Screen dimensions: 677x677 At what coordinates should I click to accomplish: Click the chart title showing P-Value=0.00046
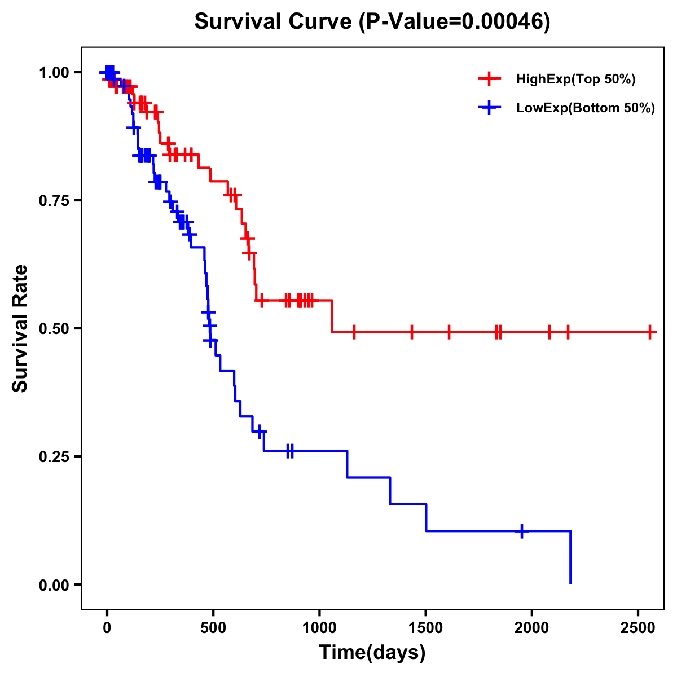[372, 21]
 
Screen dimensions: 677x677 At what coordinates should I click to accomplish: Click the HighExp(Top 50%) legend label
[576, 80]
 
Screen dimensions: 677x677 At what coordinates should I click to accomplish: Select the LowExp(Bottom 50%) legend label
[586, 108]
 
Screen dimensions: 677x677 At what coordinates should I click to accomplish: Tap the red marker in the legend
[489, 79]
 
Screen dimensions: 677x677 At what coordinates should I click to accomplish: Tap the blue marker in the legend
[489, 108]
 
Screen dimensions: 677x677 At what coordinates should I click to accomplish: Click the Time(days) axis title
[372, 653]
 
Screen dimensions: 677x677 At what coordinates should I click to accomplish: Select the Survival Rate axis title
[20, 328]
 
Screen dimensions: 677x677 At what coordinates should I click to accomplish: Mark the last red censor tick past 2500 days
[650, 332]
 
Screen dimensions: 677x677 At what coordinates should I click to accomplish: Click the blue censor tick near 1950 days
[522, 531]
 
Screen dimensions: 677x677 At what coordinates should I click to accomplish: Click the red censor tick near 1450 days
[412, 332]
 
